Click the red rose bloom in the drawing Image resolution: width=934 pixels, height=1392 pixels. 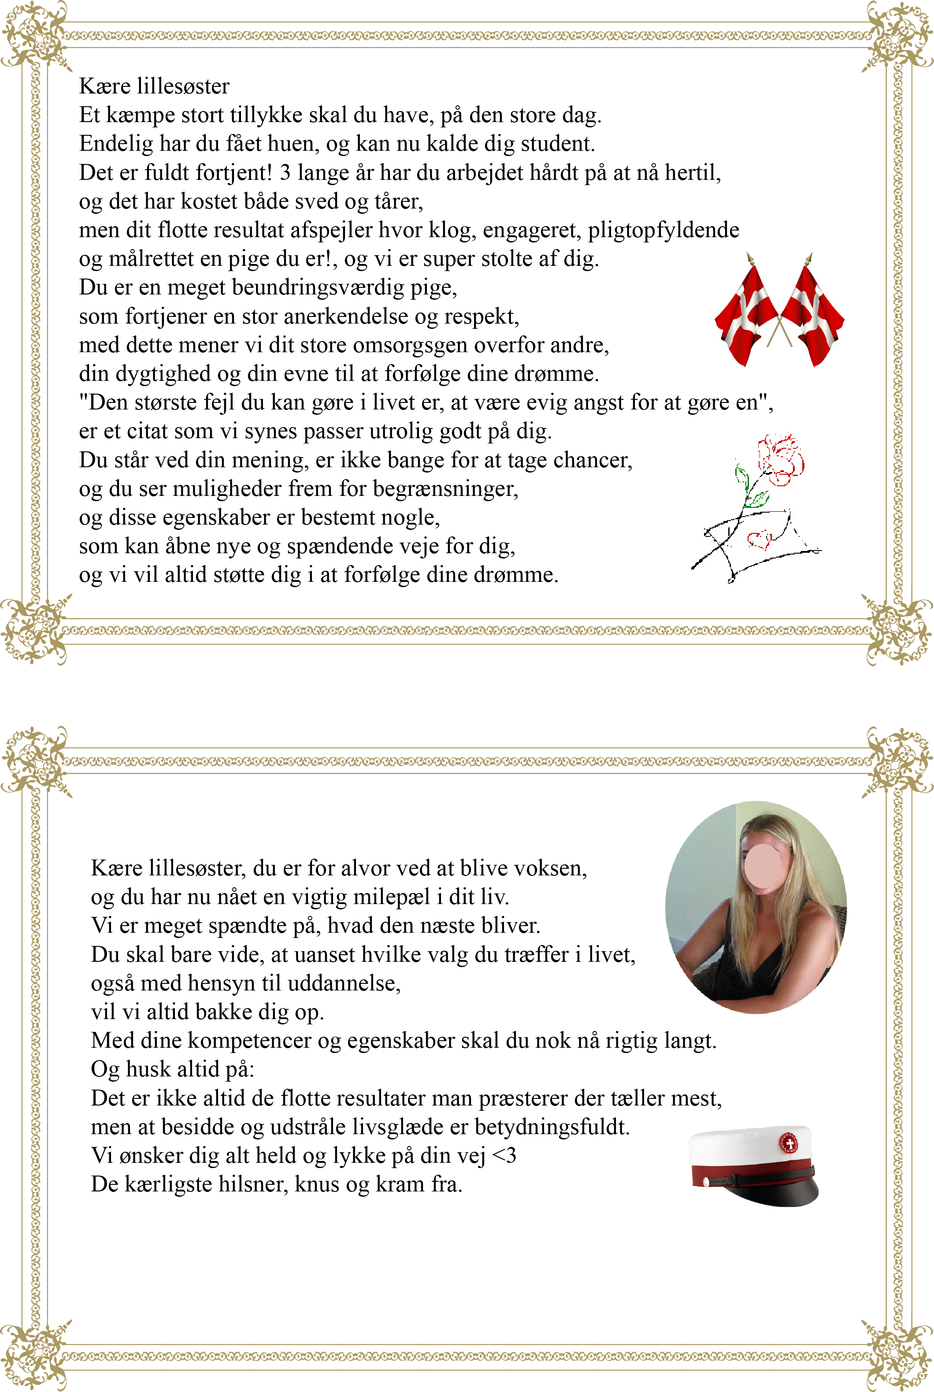[780, 459]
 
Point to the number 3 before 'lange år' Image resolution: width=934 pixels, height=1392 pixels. [285, 172]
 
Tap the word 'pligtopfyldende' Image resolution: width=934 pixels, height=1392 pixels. [663, 230]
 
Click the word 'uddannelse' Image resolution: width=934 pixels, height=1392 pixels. [344, 983]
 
